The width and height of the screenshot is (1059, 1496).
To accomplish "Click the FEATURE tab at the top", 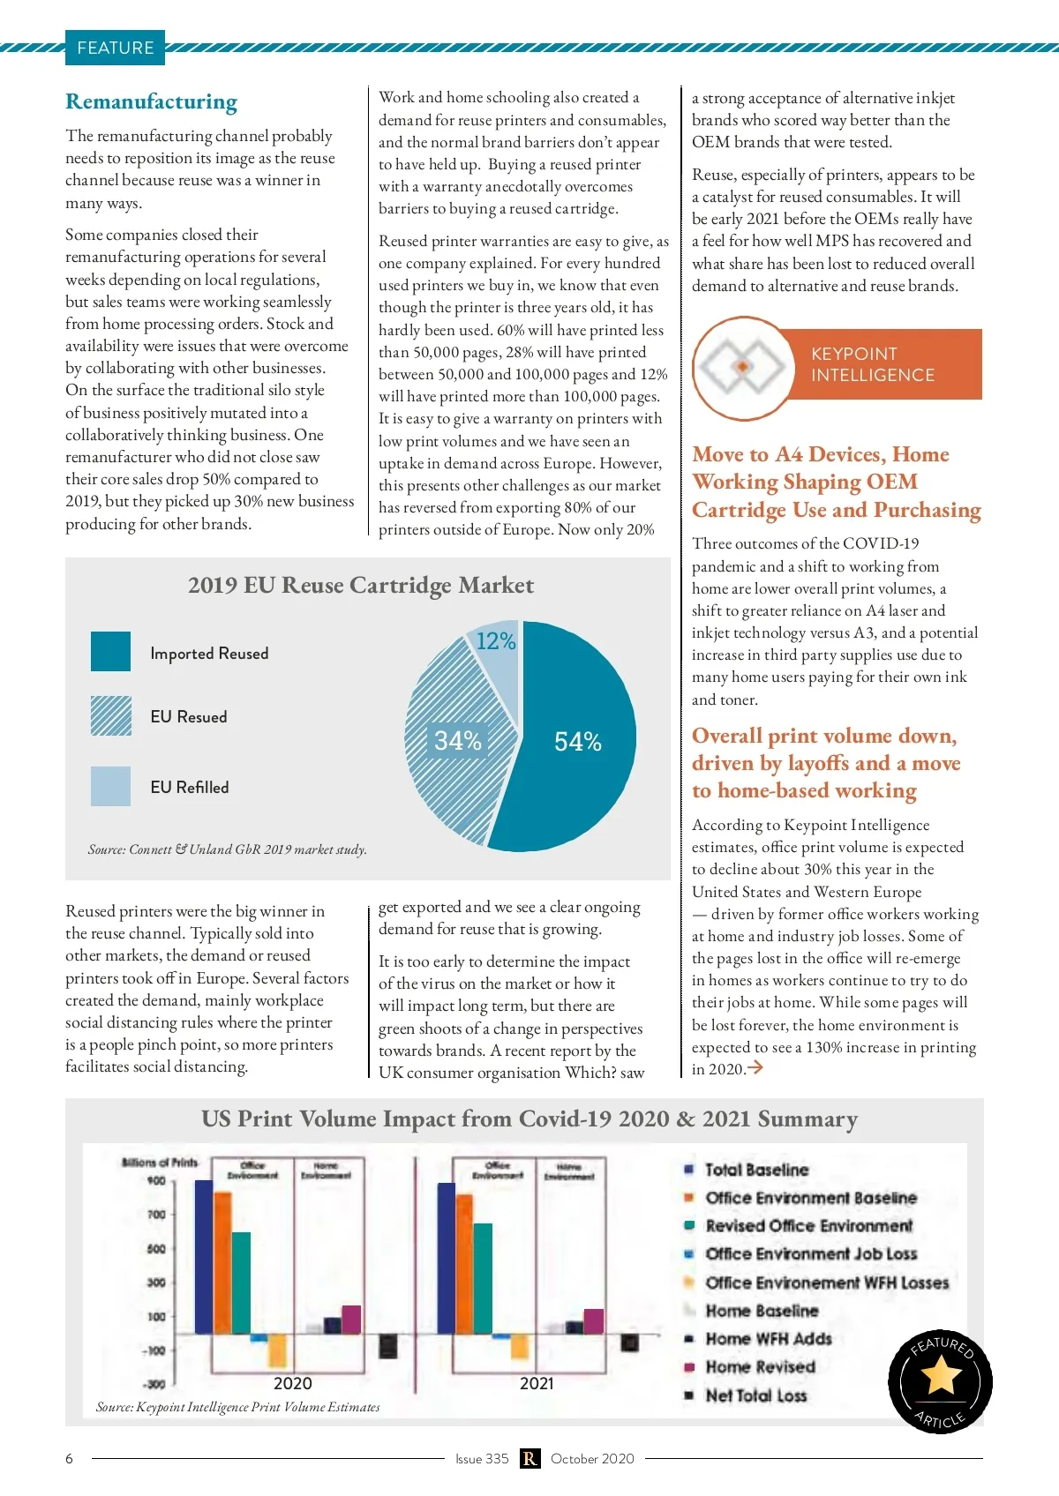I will point(115,48).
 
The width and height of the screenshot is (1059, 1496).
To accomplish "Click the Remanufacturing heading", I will point(151,102).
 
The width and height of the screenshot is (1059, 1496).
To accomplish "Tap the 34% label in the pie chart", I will point(457,741).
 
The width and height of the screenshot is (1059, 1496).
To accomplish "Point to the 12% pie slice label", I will point(495,641).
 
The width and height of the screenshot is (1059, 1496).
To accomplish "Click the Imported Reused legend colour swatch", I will point(110,652).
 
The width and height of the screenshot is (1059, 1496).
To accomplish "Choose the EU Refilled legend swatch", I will point(110,786).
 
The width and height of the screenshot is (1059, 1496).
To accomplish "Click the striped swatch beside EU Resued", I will point(110,715).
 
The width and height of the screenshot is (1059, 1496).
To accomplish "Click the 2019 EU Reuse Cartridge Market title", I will point(360,586).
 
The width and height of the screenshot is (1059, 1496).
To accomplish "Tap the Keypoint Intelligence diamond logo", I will point(742,366).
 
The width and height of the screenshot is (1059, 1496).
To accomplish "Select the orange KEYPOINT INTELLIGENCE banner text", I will point(872,364).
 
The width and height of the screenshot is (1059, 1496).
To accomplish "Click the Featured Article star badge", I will point(940,1380).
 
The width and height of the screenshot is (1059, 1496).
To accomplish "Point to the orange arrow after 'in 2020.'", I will point(755,1068).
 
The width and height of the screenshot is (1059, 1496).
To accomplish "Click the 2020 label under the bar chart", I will point(292,1383).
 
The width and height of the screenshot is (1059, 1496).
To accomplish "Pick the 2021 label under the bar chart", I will point(537,1383).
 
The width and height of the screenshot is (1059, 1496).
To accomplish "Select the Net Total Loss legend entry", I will point(755,1395).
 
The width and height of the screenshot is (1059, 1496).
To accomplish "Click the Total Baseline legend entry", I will point(756,1170).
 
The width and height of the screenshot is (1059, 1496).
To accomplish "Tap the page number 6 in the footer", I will point(70,1458).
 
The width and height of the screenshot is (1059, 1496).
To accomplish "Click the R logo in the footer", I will point(529,1458).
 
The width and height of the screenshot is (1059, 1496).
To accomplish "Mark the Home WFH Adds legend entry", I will point(768,1339).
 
